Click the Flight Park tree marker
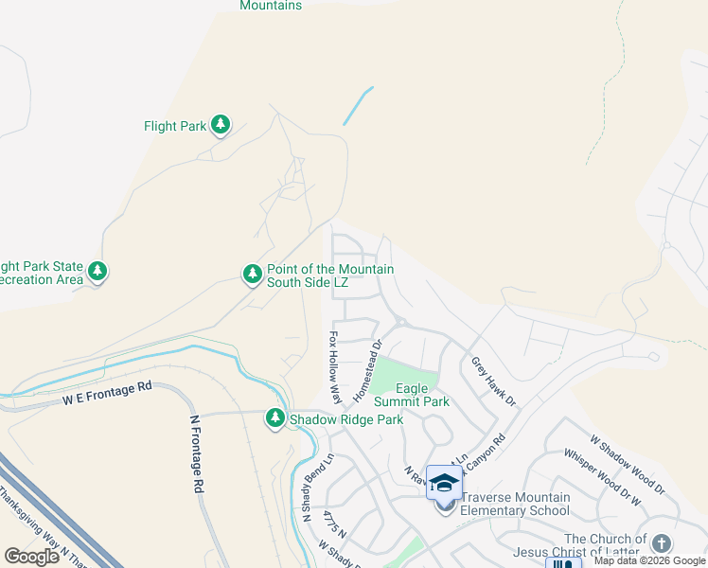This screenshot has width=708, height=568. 221,125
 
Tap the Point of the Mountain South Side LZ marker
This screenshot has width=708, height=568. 253,274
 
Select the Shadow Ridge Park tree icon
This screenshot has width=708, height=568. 275,417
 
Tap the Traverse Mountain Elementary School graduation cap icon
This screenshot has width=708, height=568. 444,483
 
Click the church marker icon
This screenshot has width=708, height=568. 661,543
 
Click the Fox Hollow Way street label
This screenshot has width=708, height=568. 334,366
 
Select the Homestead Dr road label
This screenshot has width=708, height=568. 366,369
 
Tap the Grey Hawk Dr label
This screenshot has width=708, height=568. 493,382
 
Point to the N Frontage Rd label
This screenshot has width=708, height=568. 196,454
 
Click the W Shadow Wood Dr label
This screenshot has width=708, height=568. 628,466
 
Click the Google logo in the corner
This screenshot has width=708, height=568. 32,556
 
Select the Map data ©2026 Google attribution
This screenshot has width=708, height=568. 649,560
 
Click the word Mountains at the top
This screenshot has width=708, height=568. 271,6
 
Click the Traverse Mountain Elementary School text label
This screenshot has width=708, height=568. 516,504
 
